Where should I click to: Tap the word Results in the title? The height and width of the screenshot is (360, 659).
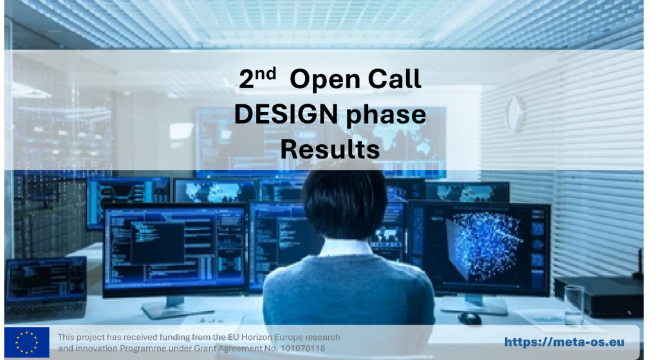(x=330, y=149)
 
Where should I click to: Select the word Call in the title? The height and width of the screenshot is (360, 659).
(x=394, y=79)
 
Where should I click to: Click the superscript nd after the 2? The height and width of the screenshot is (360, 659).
(x=265, y=73)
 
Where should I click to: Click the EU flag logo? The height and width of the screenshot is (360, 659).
(x=26, y=342)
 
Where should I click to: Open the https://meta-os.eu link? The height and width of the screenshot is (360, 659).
(x=564, y=342)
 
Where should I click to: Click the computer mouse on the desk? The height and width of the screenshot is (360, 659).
(x=469, y=318)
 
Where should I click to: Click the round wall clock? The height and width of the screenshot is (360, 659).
(x=514, y=114)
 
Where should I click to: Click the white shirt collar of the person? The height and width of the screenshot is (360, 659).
(x=346, y=248)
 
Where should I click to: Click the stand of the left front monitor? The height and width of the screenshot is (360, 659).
(x=173, y=308)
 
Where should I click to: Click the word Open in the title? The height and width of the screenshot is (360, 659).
(x=325, y=80)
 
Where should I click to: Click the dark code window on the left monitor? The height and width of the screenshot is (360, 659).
(x=158, y=243)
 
